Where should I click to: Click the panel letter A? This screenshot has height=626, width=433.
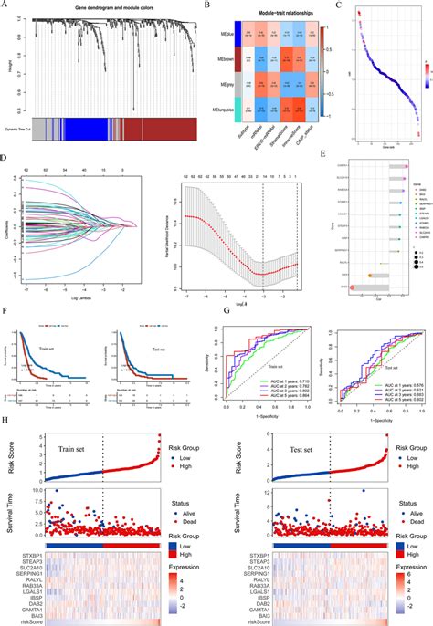pyautogui.click(x=7, y=6)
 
